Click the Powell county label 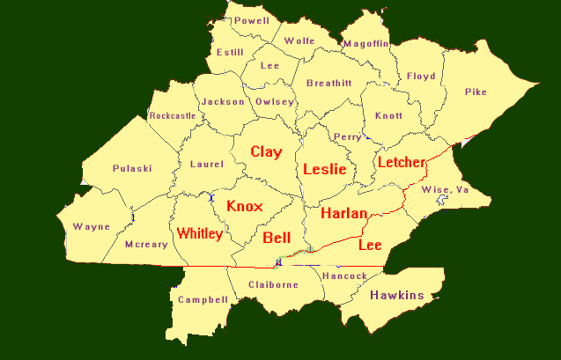tap(253, 19)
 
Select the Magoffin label tap(365, 43)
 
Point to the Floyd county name tap(421, 76)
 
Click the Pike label tap(476, 91)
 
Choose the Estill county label tap(231, 52)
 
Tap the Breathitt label tap(328, 83)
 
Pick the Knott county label tap(388, 115)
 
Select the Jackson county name tap(223, 101)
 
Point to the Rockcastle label tap(173, 115)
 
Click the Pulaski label tap(132, 168)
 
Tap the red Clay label tap(266, 151)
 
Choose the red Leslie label tap(324, 168)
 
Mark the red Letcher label tap(401, 162)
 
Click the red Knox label tap(244, 206)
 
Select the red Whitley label tap(199, 233)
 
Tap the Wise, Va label tap(445, 189)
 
